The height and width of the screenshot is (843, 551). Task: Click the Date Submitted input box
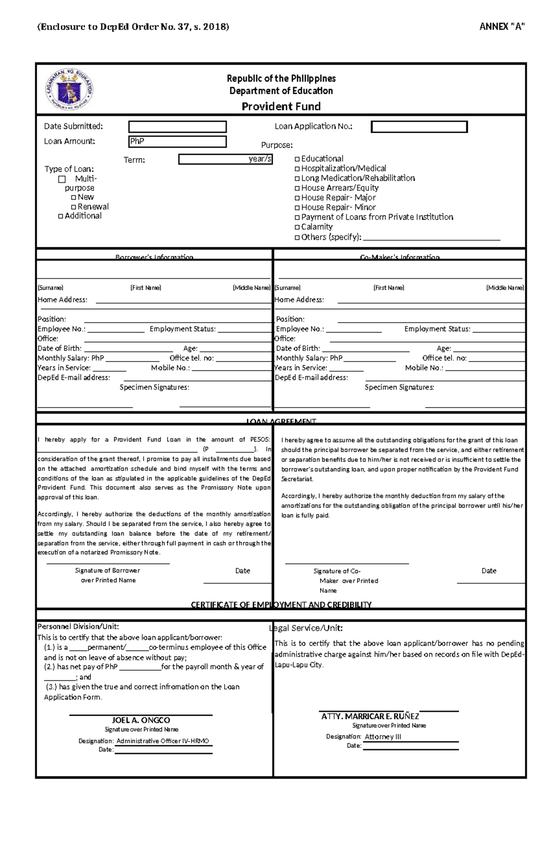click(177, 127)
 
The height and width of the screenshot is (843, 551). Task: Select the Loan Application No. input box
click(419, 127)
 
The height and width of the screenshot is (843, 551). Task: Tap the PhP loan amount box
click(177, 141)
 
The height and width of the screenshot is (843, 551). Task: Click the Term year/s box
click(225, 159)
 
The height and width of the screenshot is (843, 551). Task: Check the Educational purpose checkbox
click(297, 159)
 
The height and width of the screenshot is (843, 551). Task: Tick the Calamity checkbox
click(297, 227)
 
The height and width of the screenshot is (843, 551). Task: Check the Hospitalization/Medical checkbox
click(297, 169)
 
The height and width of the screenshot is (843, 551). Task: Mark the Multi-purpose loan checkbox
click(62, 179)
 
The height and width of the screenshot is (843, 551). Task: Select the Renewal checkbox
click(73, 207)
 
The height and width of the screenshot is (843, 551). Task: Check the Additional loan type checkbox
click(61, 216)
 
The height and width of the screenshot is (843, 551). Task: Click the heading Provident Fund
click(281, 107)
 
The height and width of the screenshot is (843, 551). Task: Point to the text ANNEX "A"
click(502, 27)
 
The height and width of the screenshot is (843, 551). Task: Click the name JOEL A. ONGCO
click(141, 720)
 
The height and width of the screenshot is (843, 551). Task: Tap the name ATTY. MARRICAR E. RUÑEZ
click(370, 716)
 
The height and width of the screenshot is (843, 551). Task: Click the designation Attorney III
click(383, 736)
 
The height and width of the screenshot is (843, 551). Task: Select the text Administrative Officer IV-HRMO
click(163, 741)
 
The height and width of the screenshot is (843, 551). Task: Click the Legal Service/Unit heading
click(306, 628)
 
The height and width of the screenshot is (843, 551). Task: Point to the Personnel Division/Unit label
click(78, 626)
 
